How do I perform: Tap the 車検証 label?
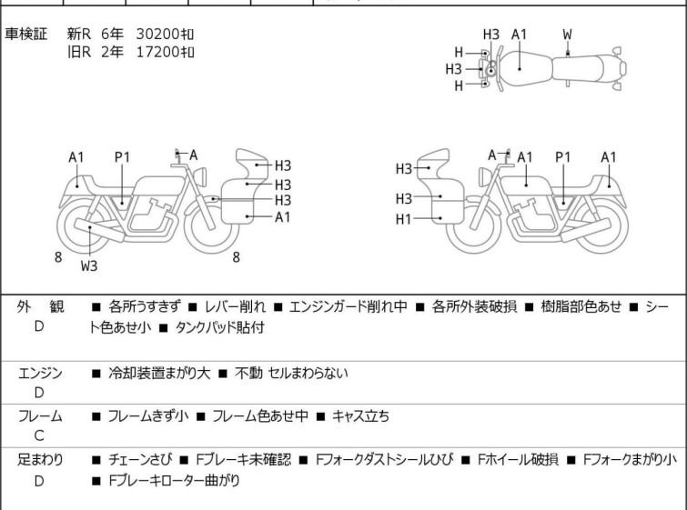pos(25,34)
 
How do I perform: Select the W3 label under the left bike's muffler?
pos(89,265)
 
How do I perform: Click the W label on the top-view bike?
pos(567,35)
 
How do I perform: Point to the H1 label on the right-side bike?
pos(403,219)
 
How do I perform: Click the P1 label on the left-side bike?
pos(122,157)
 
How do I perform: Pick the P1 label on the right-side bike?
pos(563,157)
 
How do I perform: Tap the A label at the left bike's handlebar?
pos(193,155)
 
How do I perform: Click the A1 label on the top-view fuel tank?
pos(519,35)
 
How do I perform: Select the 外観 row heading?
pos(40,307)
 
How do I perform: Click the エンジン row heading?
pos(40,374)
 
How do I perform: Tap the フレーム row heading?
pos(40,416)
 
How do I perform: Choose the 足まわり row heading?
pos(40,460)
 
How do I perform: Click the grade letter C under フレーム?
pos(39,436)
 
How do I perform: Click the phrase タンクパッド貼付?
pos(219,327)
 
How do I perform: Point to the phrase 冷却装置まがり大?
pos(159,374)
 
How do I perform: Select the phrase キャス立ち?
pos(360,416)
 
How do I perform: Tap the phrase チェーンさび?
pos(140,460)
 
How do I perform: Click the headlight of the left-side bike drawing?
pos(201,177)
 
